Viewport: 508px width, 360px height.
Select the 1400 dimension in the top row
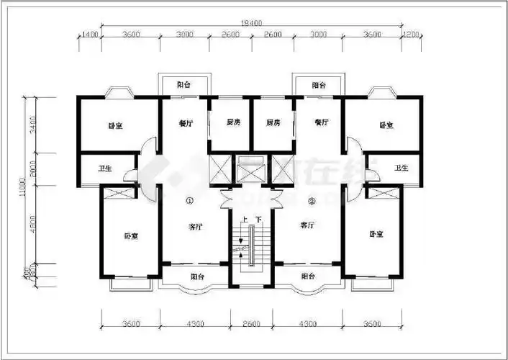[89, 35]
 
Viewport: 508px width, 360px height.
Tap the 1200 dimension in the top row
[410, 35]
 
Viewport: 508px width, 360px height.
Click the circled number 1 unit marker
[190, 201]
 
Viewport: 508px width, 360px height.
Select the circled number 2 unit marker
[312, 201]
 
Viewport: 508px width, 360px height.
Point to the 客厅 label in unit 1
[195, 226]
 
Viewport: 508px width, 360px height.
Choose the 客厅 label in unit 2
[307, 225]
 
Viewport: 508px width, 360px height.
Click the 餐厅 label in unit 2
[321, 122]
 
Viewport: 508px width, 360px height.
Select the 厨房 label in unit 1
[232, 122]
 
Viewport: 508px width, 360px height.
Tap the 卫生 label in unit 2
[400, 168]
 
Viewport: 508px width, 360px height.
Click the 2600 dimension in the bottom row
[251, 324]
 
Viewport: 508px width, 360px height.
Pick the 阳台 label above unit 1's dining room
[183, 85]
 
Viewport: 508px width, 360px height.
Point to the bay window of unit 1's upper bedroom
[117, 93]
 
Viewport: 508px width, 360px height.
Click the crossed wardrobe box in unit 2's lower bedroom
[383, 192]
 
